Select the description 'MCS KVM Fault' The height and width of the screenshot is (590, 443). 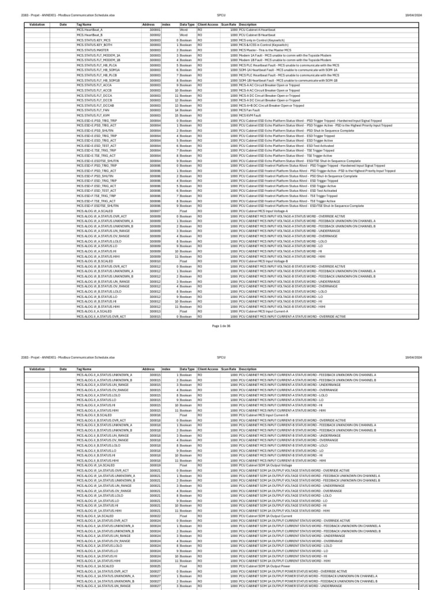(251, 115)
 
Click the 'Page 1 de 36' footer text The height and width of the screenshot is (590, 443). (221, 326)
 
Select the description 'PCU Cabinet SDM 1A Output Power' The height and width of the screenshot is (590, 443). (265, 566)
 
